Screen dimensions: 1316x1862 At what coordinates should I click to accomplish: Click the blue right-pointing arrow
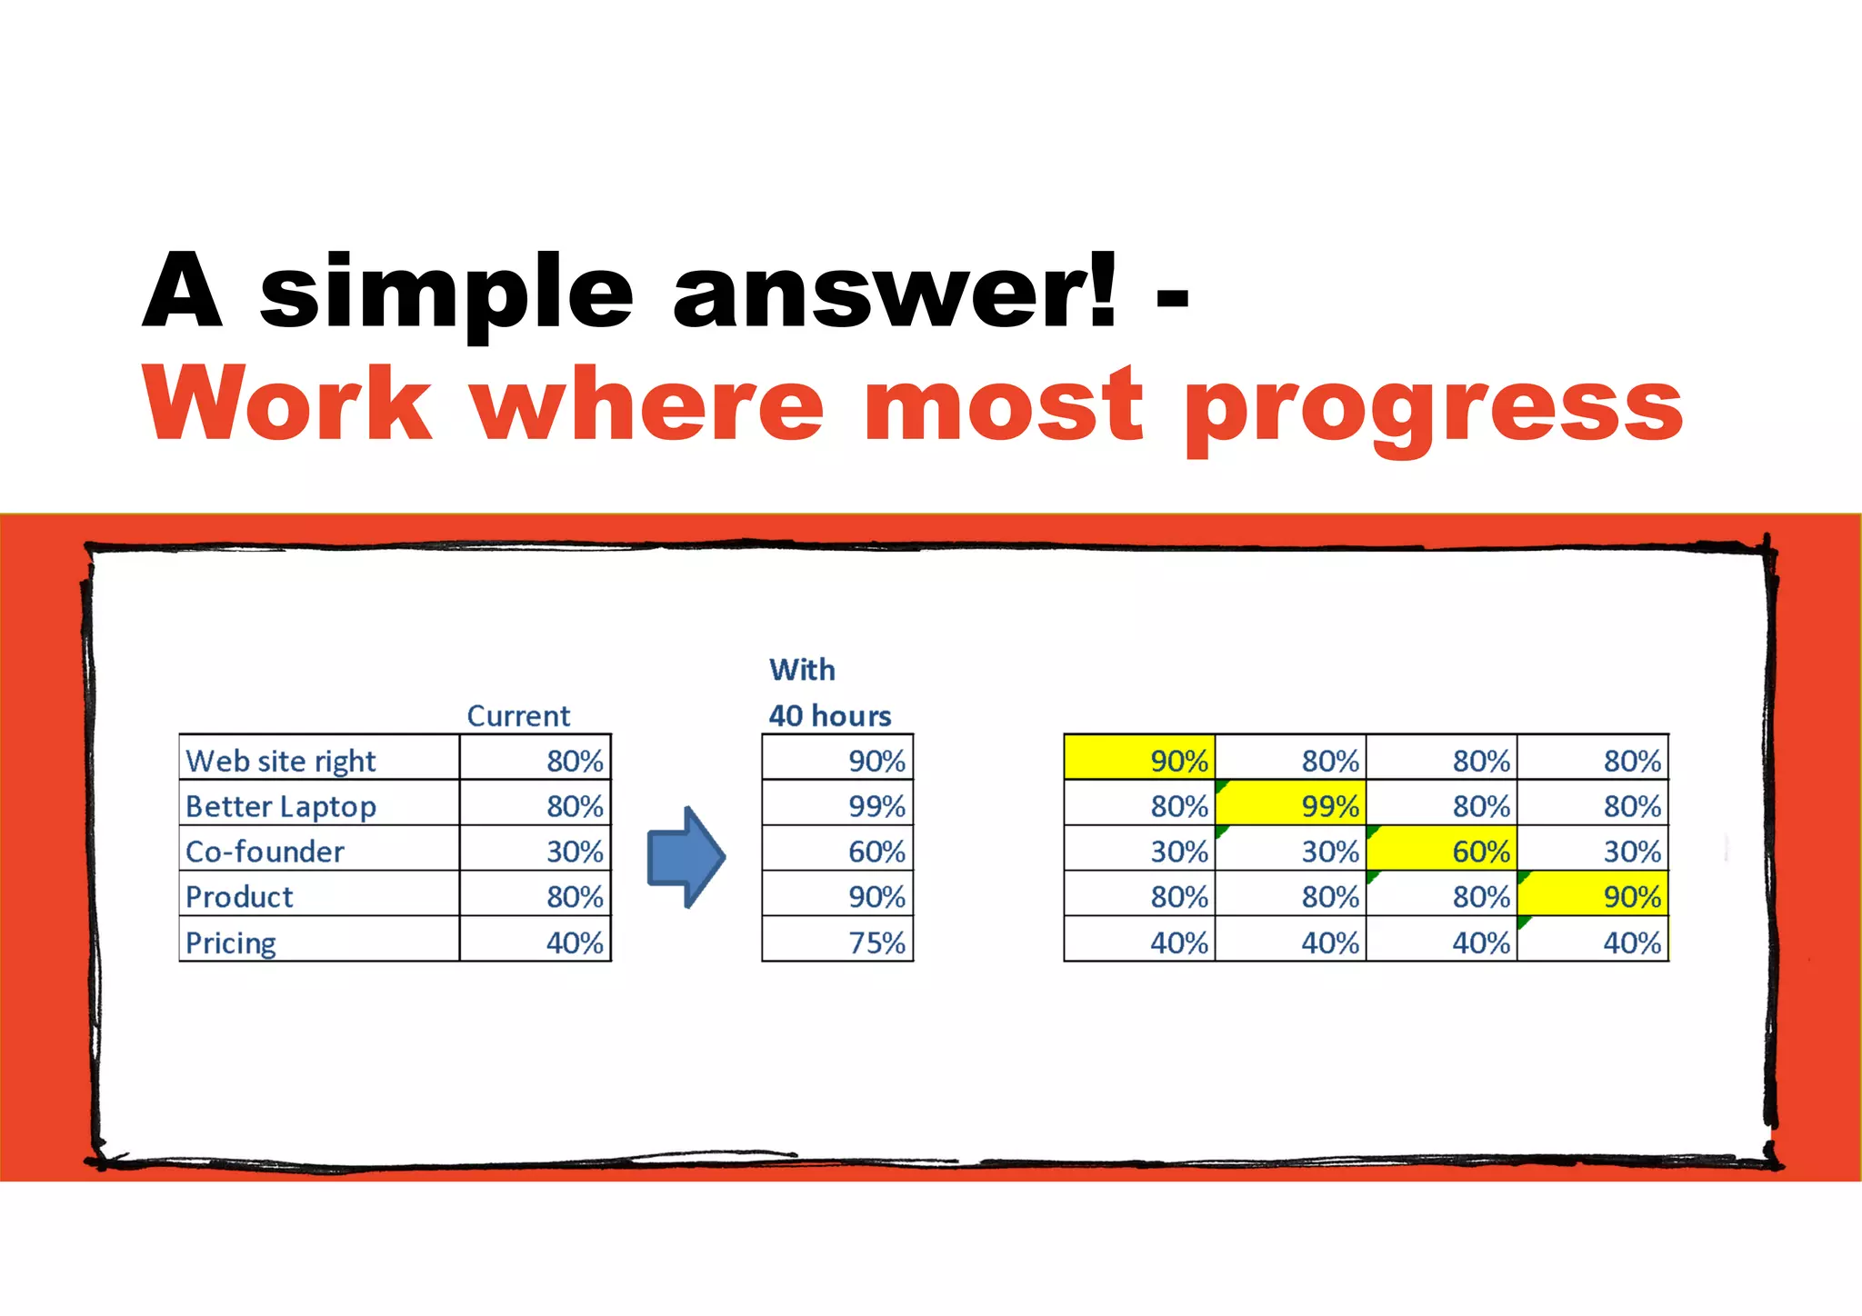point(686,856)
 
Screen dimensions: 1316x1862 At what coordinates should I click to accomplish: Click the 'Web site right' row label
point(280,761)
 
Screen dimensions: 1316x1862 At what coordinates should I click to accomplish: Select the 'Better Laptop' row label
point(280,806)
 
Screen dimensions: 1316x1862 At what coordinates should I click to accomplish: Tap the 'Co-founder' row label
point(265,852)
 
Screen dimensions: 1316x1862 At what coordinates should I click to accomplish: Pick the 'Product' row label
point(239,897)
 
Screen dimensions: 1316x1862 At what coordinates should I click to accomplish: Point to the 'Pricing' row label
point(230,942)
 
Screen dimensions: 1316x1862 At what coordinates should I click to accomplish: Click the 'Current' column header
point(518,716)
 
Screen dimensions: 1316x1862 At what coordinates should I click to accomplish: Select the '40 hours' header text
point(829,716)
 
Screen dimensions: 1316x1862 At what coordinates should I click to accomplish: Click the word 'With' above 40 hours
point(802,670)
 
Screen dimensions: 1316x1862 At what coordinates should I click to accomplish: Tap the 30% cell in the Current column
point(575,852)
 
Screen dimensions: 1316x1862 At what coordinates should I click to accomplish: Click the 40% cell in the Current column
point(575,942)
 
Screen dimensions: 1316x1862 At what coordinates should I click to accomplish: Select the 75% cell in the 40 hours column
point(876,942)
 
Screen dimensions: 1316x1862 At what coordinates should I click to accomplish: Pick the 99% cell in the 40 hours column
point(876,806)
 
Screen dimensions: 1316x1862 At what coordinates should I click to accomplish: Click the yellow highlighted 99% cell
point(1329,806)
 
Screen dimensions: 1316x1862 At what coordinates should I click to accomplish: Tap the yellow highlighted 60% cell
point(1480,852)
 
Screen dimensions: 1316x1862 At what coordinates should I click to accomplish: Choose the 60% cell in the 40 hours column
point(876,852)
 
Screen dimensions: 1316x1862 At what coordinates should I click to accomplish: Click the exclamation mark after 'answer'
point(1103,289)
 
